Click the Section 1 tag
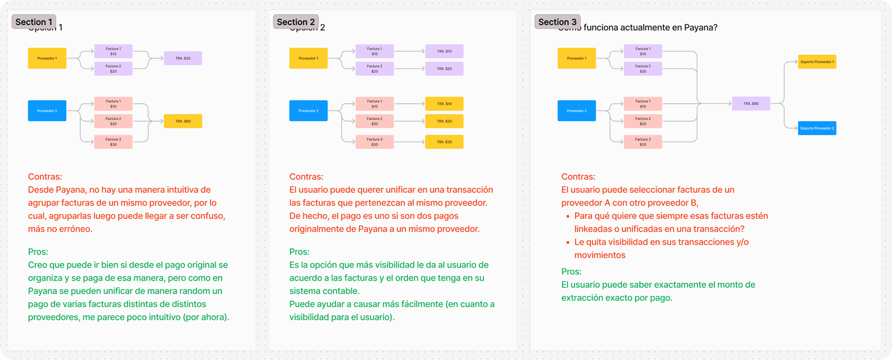tap(34, 22)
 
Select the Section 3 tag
tap(557, 22)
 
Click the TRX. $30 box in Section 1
tap(183, 58)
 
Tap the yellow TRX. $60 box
tap(183, 121)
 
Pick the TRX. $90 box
tap(751, 104)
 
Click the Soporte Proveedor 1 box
tap(817, 62)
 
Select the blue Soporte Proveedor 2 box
tap(817, 128)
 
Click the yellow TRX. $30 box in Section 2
tap(444, 142)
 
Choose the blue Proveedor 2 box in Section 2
tap(308, 111)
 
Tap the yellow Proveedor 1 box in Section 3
tap(577, 58)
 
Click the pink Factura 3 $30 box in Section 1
tap(113, 142)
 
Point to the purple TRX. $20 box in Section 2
tap(444, 69)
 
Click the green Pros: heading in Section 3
tap(571, 272)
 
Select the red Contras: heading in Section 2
tap(306, 177)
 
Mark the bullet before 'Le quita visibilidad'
tap(568, 242)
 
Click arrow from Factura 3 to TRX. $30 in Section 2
tap(409, 142)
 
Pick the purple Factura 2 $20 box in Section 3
tap(643, 69)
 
